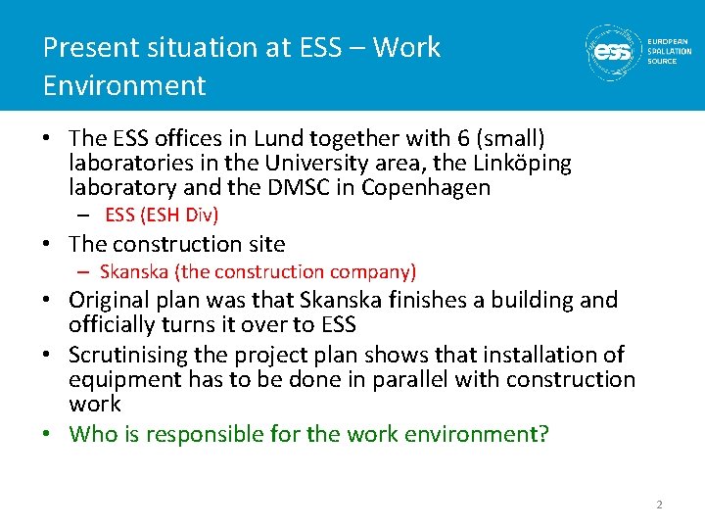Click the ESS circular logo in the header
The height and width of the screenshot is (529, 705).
(614, 51)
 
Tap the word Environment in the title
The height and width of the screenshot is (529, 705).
(124, 85)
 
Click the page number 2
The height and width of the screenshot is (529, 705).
(659, 505)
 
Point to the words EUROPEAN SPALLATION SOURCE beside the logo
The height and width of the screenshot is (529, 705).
(669, 51)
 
